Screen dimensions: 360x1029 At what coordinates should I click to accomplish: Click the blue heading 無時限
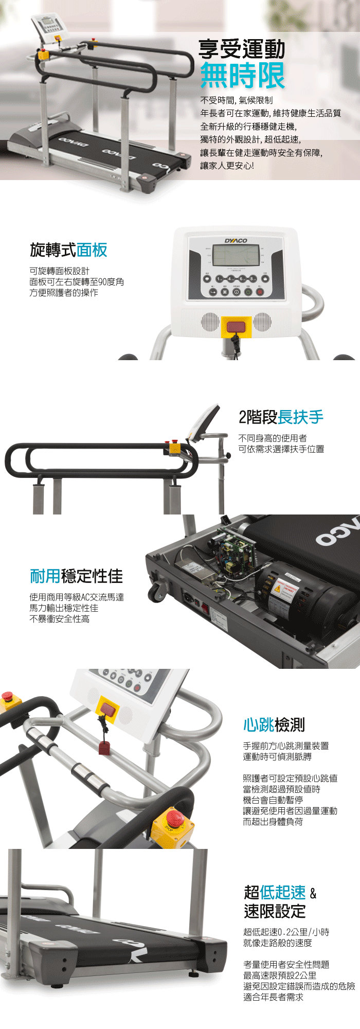coord(242,76)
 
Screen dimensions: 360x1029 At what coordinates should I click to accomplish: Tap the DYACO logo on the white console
coord(236,241)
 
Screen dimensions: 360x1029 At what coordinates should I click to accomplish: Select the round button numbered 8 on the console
coord(253,279)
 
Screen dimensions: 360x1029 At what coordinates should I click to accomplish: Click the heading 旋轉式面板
coord(68,250)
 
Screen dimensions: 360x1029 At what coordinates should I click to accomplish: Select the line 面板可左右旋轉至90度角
coord(77,282)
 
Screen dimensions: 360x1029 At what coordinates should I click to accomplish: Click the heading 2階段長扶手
coord(281,417)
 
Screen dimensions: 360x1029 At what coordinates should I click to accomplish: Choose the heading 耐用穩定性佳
coord(76,576)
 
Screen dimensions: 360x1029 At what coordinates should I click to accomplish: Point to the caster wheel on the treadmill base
coord(157,593)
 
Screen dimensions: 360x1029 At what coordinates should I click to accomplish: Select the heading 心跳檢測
coord(274,725)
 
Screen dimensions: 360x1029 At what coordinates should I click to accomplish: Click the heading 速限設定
coord(275,911)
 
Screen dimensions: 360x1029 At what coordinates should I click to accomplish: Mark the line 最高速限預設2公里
coord(280,975)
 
